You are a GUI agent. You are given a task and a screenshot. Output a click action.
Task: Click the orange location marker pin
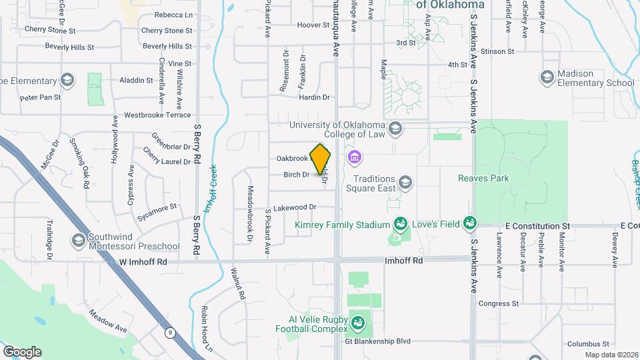321,159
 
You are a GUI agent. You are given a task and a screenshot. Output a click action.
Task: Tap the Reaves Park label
483,178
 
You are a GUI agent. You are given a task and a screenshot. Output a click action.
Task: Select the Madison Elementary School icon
547,77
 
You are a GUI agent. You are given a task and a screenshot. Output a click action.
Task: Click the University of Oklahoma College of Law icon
395,128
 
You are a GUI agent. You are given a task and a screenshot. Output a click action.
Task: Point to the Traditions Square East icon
404,182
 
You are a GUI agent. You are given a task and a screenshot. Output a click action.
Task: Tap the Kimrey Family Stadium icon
400,223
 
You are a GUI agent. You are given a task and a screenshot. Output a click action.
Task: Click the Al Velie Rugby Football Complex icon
359,323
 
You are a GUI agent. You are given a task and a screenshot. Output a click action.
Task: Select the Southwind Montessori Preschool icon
79,239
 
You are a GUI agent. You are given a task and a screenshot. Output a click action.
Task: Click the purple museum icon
354,158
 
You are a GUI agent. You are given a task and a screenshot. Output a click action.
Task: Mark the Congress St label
498,303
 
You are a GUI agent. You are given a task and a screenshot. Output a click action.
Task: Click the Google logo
22,351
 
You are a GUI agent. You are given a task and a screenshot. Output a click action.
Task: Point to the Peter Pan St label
40,97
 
